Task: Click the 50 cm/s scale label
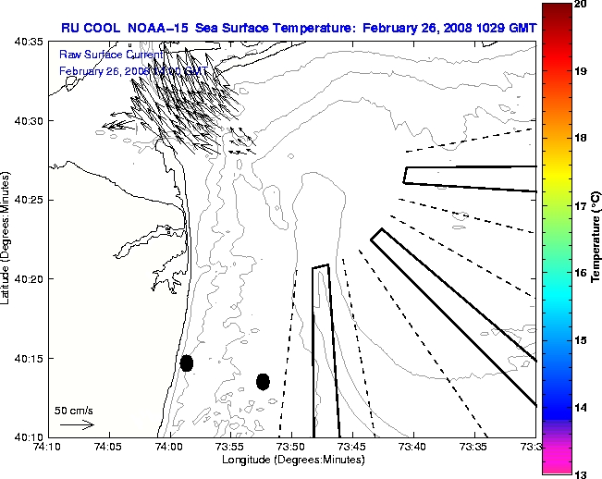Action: point(73,410)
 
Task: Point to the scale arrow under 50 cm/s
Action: point(76,425)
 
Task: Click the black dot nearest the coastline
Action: point(187,362)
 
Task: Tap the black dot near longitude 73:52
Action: point(263,381)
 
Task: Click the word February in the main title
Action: point(392,28)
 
